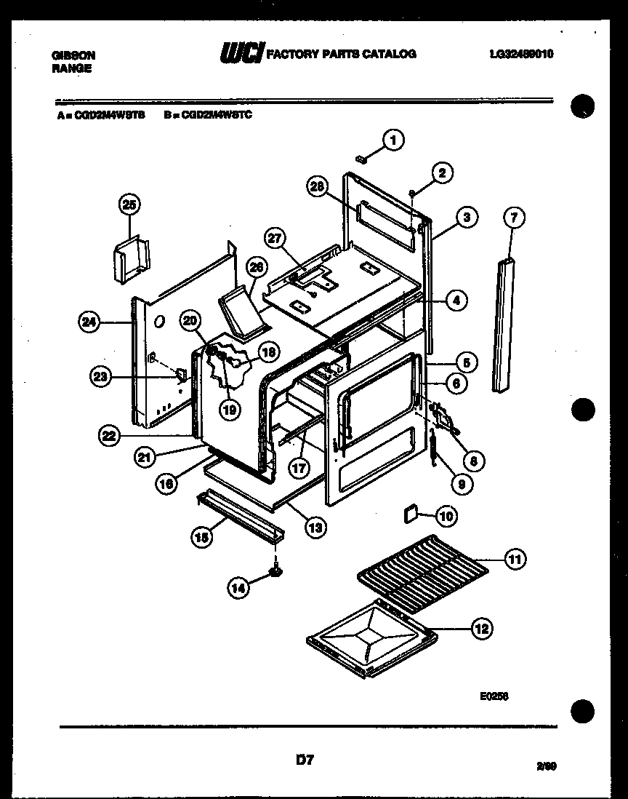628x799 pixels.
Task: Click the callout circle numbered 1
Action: (x=392, y=140)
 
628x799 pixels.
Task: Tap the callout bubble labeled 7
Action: (x=514, y=217)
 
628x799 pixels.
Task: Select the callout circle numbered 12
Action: (x=481, y=628)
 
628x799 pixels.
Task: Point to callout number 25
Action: (x=129, y=206)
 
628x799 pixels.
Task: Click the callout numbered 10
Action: (x=446, y=516)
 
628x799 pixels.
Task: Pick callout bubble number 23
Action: (x=101, y=376)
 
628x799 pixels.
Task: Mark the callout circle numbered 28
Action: (x=316, y=188)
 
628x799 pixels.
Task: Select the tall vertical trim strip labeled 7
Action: (x=502, y=324)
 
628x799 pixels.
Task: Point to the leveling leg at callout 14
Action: (x=275, y=571)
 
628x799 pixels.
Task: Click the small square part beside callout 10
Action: (x=410, y=515)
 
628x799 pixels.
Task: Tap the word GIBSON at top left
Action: (x=73, y=55)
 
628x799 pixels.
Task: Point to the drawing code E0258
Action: (x=494, y=696)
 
